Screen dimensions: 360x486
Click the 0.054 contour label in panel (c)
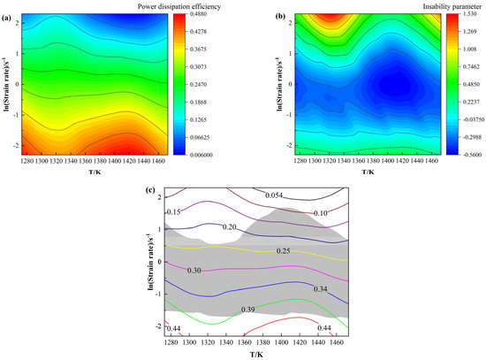click(x=277, y=194)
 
